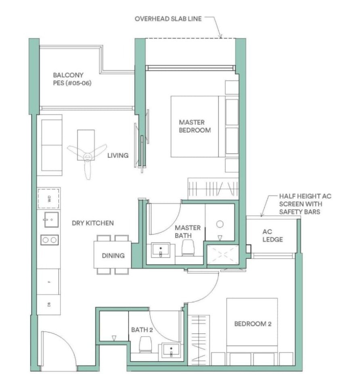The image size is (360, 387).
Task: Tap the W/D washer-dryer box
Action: tap(48, 199)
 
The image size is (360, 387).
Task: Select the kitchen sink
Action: tap(51, 219)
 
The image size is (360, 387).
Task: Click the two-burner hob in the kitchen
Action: tap(50, 239)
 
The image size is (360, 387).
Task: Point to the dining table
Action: tap(113, 255)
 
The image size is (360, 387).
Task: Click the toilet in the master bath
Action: tap(188, 248)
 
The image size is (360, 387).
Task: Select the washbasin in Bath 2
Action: tap(171, 350)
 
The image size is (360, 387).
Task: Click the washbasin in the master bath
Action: tap(161, 250)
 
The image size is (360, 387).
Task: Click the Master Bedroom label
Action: tap(195, 126)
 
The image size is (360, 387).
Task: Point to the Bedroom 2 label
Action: tap(253, 324)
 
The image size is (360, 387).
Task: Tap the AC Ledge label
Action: tap(272, 235)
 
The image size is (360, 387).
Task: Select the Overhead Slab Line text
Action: tap(168, 19)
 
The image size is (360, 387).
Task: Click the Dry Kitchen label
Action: tap(93, 223)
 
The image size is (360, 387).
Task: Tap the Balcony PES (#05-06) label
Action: tap(72, 79)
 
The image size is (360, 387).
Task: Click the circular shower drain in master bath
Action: tap(220, 224)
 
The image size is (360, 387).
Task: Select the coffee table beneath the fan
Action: tap(86, 145)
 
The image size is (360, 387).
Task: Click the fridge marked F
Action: tap(48, 282)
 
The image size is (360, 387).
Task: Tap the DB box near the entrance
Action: tap(48, 305)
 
